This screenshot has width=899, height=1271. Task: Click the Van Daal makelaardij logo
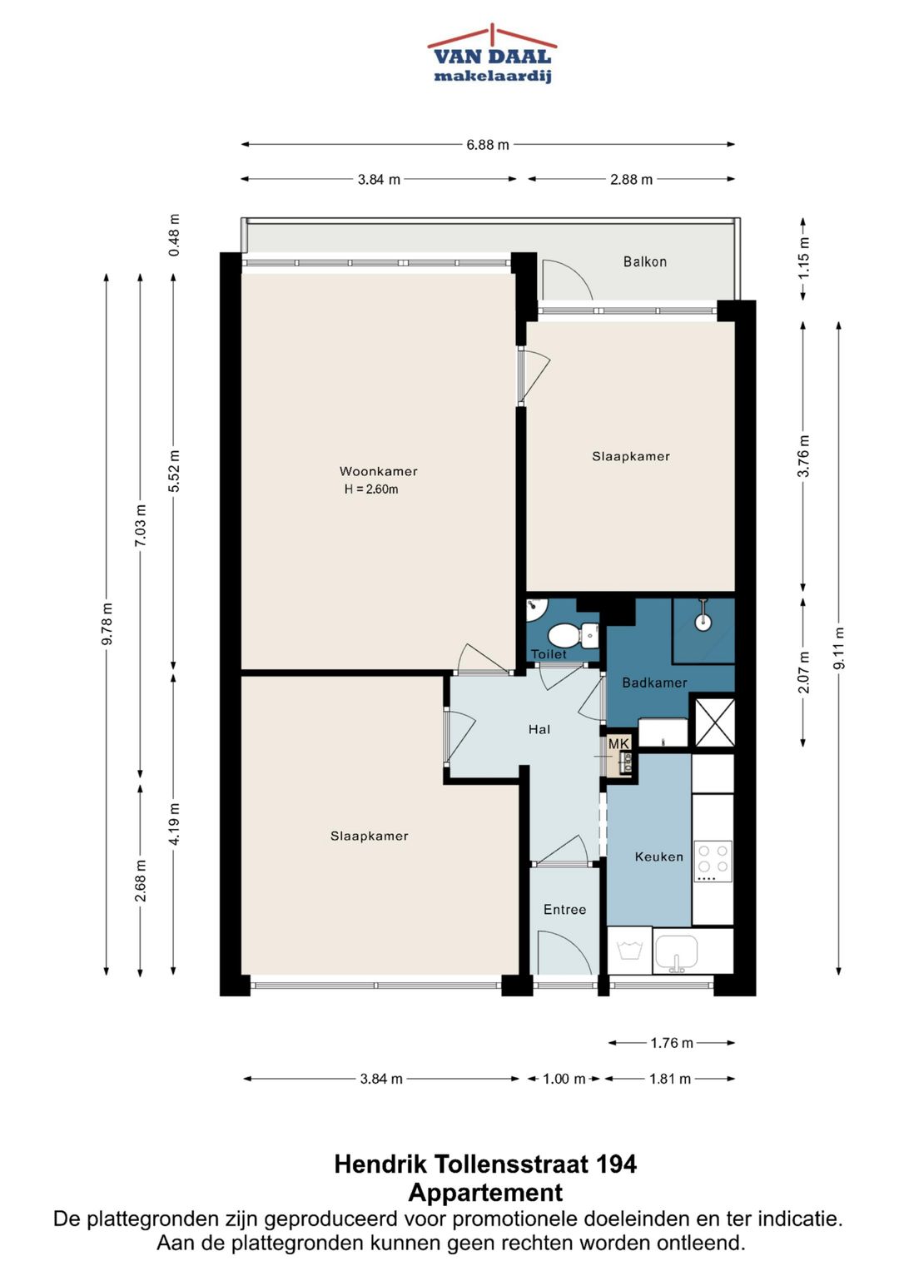(x=492, y=54)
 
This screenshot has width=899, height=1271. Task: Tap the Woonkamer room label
(x=378, y=471)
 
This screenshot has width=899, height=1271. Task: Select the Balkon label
(x=645, y=261)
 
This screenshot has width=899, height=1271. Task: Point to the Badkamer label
(x=654, y=683)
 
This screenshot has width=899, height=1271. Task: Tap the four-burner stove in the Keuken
(x=713, y=861)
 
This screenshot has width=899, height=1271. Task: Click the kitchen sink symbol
(x=677, y=954)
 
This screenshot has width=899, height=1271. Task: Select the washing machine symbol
(x=629, y=951)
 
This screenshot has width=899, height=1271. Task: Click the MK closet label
(x=618, y=743)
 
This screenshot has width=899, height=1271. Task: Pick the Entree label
(x=564, y=910)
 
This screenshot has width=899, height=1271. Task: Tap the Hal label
(x=539, y=729)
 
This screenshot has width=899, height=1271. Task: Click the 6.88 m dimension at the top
(x=488, y=145)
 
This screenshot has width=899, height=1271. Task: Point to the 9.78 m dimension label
(x=107, y=623)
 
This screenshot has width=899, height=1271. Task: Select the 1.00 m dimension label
(x=564, y=1079)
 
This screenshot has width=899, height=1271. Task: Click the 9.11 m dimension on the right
(x=839, y=648)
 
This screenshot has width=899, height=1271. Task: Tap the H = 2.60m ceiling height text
(x=371, y=489)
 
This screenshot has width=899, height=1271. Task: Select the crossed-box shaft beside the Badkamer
(x=714, y=722)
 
